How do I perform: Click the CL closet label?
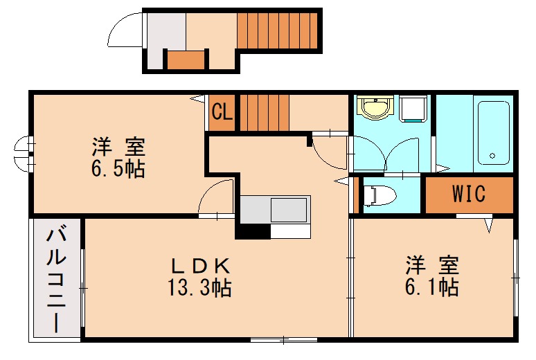coord(222,111)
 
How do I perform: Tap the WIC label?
coord(468,195)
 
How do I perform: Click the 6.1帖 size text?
coord(432,286)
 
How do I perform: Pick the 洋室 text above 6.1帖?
coord(432,264)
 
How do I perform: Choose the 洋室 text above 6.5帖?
coord(118,147)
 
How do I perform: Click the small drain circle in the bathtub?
coord(492,155)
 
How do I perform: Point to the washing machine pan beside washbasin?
coord(413,108)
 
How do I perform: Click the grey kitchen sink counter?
coord(275,208)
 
